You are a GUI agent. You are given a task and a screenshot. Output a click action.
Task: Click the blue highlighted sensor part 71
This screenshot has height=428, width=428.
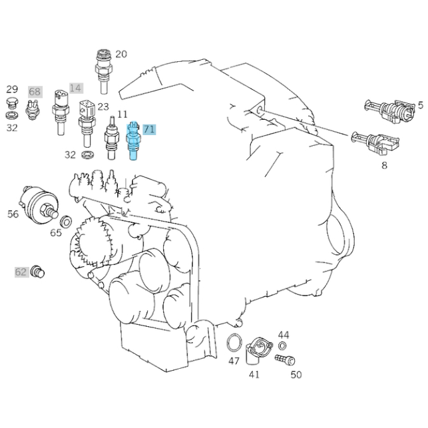pos(132,140)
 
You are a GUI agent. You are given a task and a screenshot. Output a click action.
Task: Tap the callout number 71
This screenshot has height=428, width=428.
pos(149,129)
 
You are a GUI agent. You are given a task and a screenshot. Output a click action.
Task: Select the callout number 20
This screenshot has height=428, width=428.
pos(121,54)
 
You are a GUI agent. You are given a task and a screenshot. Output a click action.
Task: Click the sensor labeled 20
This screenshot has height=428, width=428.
pos(103,71)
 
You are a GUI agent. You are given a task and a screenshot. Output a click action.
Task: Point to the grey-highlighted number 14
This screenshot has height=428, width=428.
pos(76,88)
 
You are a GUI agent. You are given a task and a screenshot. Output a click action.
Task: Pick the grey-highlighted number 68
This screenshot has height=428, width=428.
pos(35,92)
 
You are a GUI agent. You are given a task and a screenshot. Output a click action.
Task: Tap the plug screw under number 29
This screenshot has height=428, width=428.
pos(11,103)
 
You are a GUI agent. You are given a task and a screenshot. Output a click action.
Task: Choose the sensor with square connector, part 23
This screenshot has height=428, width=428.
pos(87,124)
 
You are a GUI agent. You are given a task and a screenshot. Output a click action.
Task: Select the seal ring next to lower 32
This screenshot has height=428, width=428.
pos(88,155)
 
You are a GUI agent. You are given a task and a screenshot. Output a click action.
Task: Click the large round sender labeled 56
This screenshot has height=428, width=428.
pos(39,205)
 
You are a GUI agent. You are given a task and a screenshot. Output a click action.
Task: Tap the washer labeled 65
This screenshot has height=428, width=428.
pos(66,221)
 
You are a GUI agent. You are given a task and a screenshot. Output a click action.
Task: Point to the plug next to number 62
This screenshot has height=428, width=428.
pos(37,272)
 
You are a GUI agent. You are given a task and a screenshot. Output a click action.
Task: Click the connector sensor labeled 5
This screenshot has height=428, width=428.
pos(389,110)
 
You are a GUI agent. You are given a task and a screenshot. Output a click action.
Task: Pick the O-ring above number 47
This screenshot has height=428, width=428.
pos(234,343)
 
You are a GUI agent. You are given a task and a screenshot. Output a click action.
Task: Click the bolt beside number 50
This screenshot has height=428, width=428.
pos(285,359)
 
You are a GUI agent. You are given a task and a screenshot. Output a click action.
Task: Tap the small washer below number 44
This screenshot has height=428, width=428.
pos(282,346)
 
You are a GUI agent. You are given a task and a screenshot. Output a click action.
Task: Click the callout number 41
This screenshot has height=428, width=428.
pos(254,375)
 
